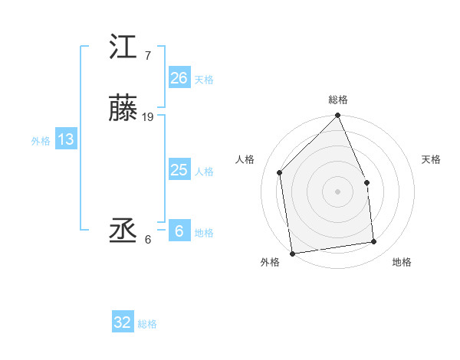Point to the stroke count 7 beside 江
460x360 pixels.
point(147,56)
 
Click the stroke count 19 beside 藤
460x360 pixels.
point(148,117)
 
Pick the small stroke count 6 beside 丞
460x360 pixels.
point(147,240)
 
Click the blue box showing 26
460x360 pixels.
point(179,78)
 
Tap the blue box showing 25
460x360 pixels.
point(179,170)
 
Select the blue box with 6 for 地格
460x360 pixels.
point(179,231)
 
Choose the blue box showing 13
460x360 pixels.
point(66,139)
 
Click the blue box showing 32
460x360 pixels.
point(123,322)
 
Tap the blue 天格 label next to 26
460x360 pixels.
point(204,79)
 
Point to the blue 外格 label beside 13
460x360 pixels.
point(41,140)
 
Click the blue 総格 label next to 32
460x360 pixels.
point(148,323)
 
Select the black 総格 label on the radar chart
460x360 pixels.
point(338,100)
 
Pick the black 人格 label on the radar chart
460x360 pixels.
point(245,159)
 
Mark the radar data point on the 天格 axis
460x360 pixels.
point(366,182)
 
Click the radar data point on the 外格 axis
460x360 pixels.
point(292,254)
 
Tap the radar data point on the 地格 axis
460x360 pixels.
point(374,242)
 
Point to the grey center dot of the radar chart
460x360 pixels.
point(337,191)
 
